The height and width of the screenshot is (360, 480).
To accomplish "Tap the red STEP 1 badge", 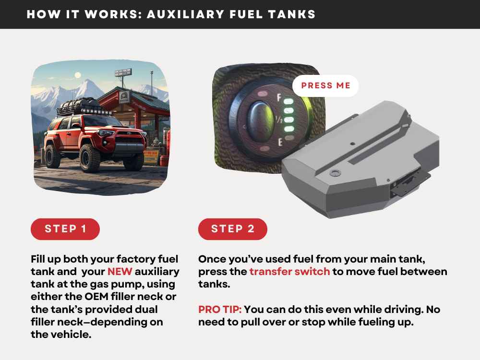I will (x=65, y=229).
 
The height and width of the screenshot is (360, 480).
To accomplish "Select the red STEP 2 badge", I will (x=233, y=229).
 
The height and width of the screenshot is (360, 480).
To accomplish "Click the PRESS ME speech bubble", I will (x=325, y=86).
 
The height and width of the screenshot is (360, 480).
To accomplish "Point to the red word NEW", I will (x=120, y=272).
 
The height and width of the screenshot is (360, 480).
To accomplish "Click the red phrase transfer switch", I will (x=289, y=272).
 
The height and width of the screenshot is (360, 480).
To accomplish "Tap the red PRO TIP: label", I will (x=220, y=309).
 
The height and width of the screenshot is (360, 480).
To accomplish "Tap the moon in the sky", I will (x=78, y=75).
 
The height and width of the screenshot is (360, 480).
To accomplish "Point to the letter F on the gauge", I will (x=279, y=97).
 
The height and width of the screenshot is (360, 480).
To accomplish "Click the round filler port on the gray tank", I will (x=335, y=172).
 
